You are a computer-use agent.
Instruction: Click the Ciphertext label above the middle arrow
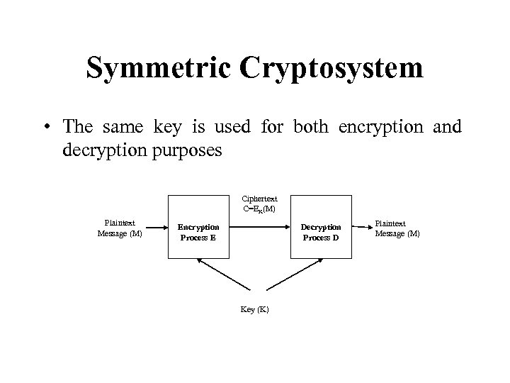pyautogui.click(x=259, y=199)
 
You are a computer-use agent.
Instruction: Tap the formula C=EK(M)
pyautogui.click(x=259, y=209)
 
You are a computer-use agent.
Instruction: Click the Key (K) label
pyautogui.click(x=255, y=310)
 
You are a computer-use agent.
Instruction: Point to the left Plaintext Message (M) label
pyautogui.click(x=119, y=228)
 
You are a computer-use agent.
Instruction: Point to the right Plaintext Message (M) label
pyautogui.click(x=397, y=228)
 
